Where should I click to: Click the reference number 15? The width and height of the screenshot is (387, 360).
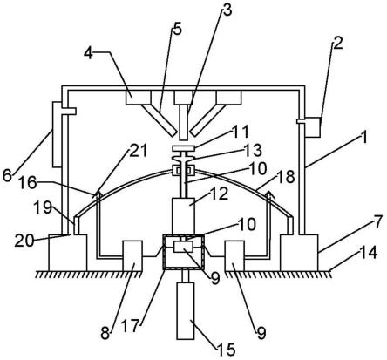pyautogui.click(x=226, y=350)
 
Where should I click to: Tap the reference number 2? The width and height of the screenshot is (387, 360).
pyautogui.click(x=337, y=44)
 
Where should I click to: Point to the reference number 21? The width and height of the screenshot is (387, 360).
pyautogui.click(x=138, y=151)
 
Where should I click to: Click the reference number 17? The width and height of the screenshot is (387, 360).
pyautogui.click(x=130, y=326)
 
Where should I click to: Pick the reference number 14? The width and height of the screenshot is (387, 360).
pyautogui.click(x=368, y=252)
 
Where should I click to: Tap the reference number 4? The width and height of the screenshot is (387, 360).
pyautogui.click(x=89, y=53)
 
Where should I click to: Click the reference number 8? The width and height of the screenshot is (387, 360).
pyautogui.click(x=105, y=333)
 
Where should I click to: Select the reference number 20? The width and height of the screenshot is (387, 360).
pyautogui.click(x=24, y=241)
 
